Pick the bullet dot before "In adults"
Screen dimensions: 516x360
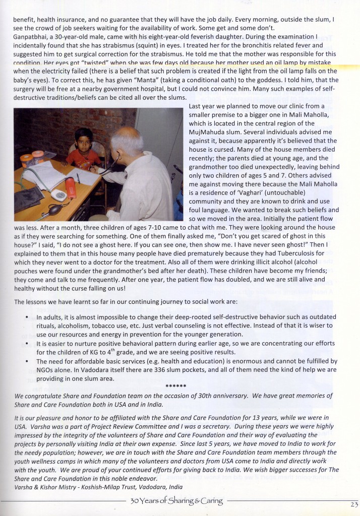tap(26, 318)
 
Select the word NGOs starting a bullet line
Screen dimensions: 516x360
tap(46, 370)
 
